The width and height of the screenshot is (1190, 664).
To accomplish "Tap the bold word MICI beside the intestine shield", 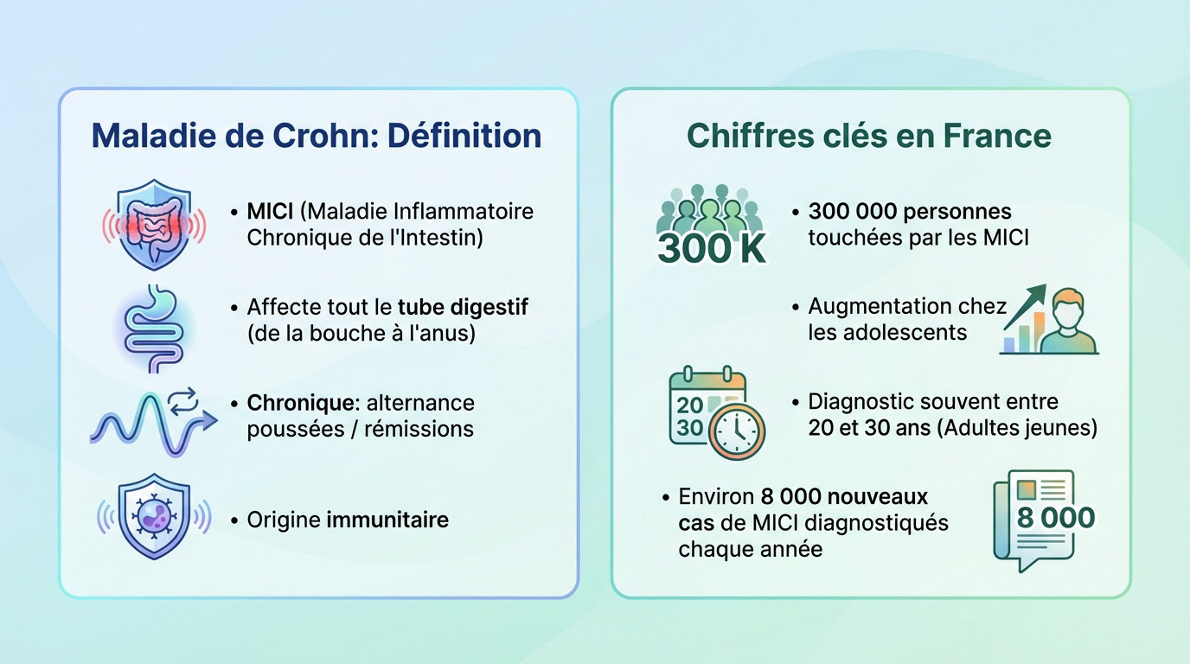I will (270, 211).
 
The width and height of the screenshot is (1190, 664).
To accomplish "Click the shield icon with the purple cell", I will (154, 516).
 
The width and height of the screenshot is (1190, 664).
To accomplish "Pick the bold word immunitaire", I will (387, 520).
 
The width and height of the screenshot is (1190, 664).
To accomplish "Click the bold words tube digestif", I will (463, 307).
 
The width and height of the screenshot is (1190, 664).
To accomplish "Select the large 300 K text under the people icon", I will (711, 249).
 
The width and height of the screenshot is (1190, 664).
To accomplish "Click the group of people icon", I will (710, 213).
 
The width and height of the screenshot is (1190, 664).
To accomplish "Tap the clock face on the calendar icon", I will (737, 430).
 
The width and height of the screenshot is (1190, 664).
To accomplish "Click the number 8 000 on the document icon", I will (1055, 517).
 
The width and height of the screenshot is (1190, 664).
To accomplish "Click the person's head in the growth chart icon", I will (1069, 307).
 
